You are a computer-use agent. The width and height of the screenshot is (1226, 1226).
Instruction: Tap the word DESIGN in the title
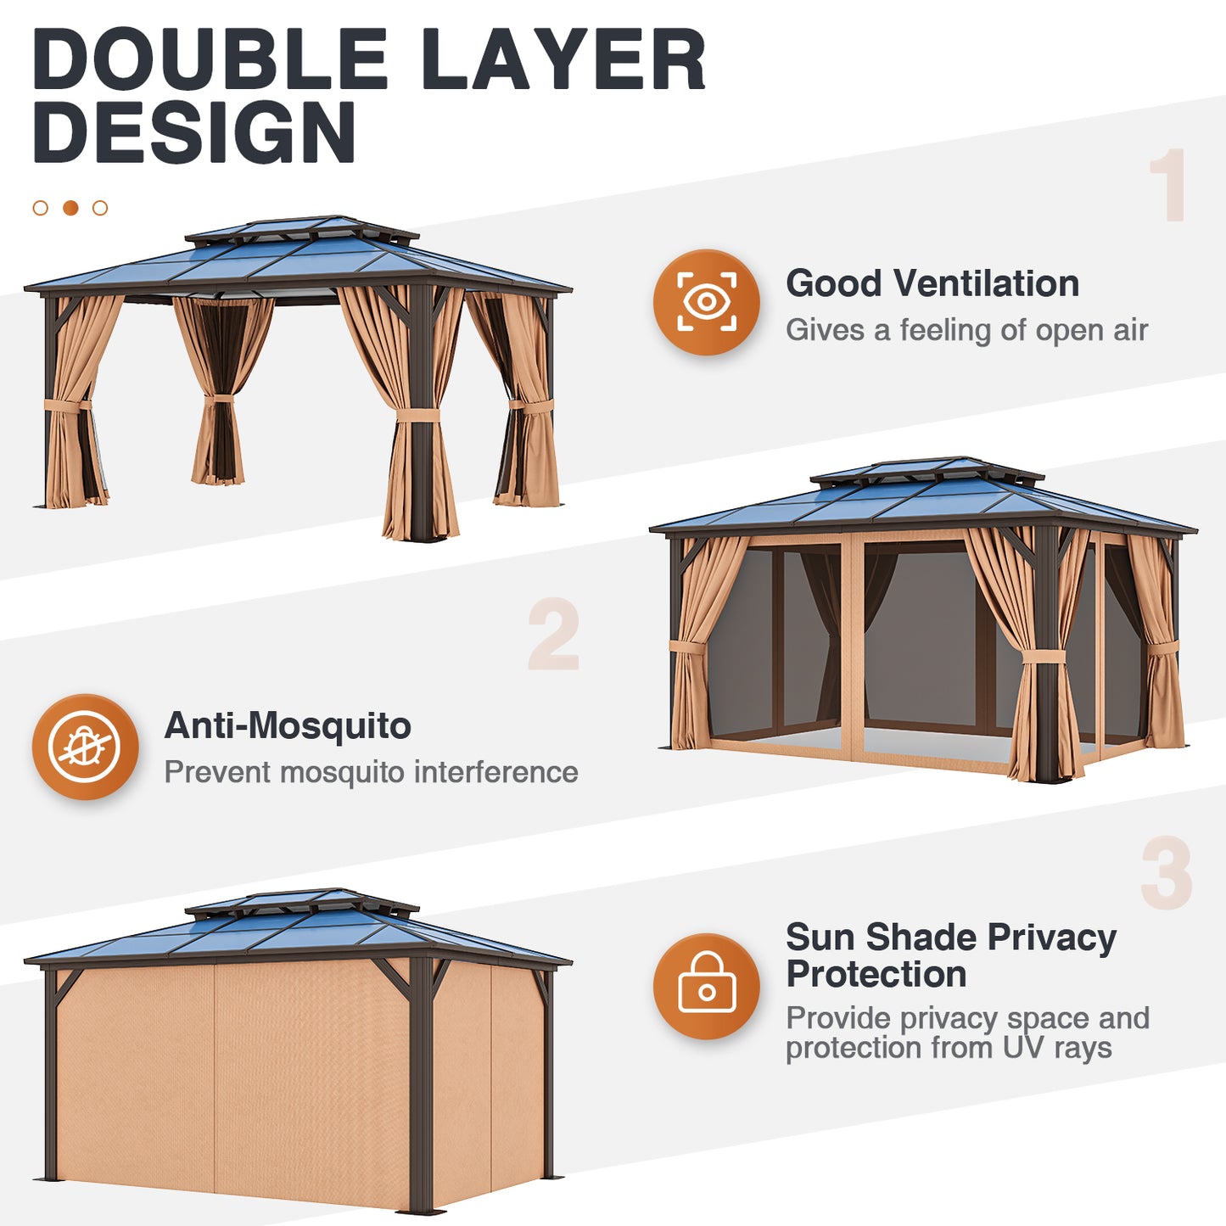[193, 133]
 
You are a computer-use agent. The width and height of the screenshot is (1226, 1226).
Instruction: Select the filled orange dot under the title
[70, 208]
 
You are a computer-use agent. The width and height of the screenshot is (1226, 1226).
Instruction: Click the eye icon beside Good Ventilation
[706, 302]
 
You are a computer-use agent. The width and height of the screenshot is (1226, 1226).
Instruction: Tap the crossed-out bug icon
[85, 747]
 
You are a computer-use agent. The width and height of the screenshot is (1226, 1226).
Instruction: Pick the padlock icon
[706, 986]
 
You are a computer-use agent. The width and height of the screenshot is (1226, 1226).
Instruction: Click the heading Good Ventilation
[932, 283]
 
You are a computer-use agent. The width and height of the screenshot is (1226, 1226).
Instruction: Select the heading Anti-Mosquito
[288, 725]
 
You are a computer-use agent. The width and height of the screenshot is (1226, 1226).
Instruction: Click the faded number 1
[1168, 185]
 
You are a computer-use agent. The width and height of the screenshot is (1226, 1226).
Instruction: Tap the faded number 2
[553, 635]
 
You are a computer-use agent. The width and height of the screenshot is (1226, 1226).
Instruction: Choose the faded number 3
[1166, 873]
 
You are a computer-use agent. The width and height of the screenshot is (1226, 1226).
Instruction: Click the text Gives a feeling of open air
[966, 330]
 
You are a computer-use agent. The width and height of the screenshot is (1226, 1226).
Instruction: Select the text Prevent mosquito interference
[371, 772]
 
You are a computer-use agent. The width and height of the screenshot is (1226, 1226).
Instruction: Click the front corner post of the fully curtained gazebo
[421, 1086]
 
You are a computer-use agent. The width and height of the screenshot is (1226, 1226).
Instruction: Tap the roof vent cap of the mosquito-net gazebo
[926, 468]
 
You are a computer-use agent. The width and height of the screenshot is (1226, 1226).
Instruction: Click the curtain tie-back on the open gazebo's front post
[417, 415]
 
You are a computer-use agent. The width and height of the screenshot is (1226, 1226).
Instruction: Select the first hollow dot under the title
[40, 208]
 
